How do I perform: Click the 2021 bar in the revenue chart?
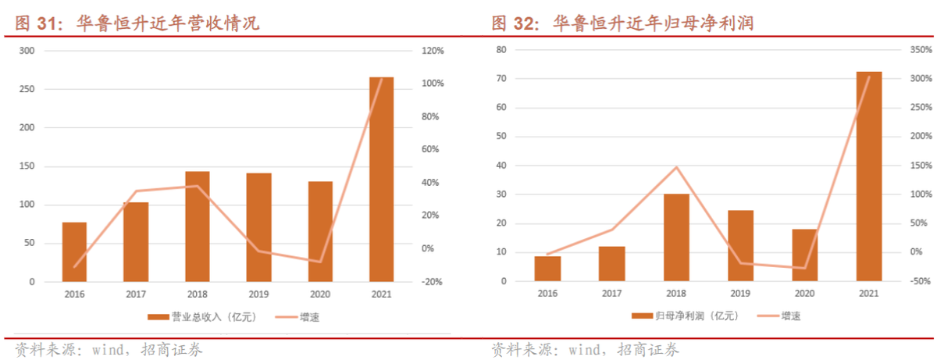(x=381, y=179)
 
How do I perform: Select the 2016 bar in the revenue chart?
(x=74, y=251)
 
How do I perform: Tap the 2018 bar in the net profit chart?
(x=676, y=237)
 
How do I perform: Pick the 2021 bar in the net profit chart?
(x=868, y=176)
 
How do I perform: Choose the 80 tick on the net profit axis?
(x=503, y=51)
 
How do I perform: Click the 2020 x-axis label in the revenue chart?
(x=320, y=294)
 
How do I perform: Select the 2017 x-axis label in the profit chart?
(x=612, y=294)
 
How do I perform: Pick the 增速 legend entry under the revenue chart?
(x=308, y=317)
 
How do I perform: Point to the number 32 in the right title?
(x=523, y=24)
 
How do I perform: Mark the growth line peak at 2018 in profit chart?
(x=676, y=167)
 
